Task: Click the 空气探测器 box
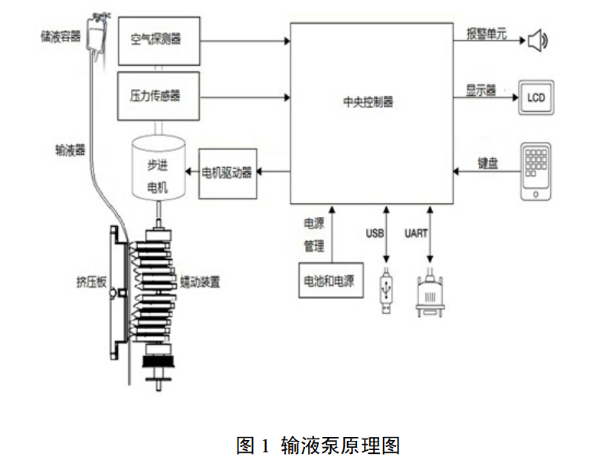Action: (159, 41)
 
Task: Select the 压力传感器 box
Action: (159, 96)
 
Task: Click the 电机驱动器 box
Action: (228, 173)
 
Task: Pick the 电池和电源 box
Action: (329, 281)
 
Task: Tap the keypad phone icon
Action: (536, 171)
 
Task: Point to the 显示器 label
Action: (481, 90)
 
